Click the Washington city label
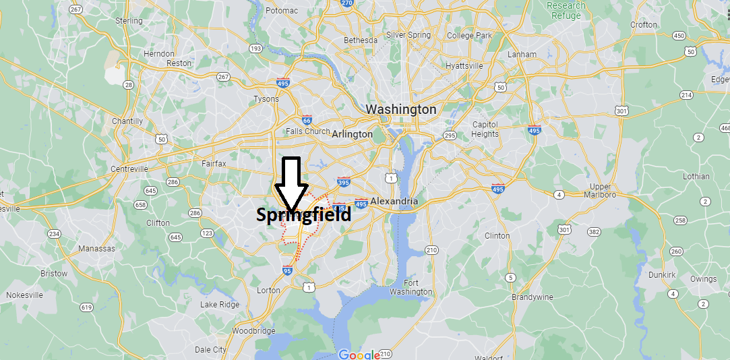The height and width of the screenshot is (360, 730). point(401,109)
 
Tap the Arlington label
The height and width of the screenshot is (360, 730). point(352,134)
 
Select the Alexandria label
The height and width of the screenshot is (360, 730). point(394,201)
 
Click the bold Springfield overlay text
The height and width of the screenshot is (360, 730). point(303,215)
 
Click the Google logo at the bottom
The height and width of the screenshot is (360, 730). point(359,355)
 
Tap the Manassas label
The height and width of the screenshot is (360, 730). point(96,248)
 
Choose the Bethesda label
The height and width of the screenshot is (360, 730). point(361,40)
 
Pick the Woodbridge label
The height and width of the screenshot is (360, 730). point(253,330)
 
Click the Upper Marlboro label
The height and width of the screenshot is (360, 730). point(600,191)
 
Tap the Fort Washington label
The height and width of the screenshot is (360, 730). point(410,287)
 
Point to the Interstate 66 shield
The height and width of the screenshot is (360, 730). point(307,120)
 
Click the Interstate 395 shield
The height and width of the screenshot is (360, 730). point(343,181)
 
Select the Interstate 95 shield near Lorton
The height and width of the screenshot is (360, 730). point(287,271)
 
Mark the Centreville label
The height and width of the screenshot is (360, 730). point(129,169)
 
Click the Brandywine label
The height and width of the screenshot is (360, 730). point(532,297)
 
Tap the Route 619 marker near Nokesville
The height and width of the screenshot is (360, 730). point(86,307)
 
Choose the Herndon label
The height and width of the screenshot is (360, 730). point(159,53)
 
